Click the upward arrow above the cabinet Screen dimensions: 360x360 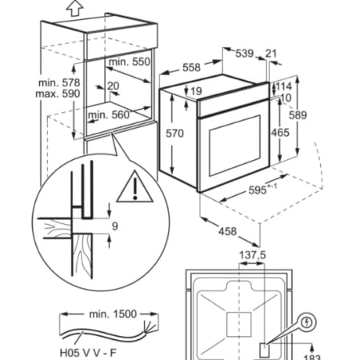pyautogui.click(x=74, y=8)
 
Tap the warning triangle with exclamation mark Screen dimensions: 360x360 pyautogui.click(x=134, y=186)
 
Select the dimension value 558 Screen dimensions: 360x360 pyautogui.click(x=191, y=67)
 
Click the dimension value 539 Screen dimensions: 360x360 pyautogui.click(x=244, y=54)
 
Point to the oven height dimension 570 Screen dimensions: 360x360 pyautogui.click(x=174, y=133)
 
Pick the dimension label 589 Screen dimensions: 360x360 pyautogui.click(x=298, y=115)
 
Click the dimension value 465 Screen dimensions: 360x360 pyautogui.click(x=280, y=133)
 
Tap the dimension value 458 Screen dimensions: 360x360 pyautogui.click(x=227, y=231)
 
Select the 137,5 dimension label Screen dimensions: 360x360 pyautogui.click(x=252, y=255)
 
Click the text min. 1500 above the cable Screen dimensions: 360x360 pyautogui.click(x=113, y=314)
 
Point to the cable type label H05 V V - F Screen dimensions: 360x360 pyautogui.click(x=88, y=353)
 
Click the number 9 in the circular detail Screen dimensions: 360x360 pyautogui.click(x=114, y=226)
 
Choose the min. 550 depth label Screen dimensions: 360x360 pyautogui.click(x=130, y=62)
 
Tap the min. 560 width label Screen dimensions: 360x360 pyautogui.click(x=109, y=114)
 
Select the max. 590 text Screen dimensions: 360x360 pyautogui.click(x=58, y=94)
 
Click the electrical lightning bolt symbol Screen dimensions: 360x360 pyautogui.click(x=307, y=322)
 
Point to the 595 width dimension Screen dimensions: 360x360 pyautogui.click(x=258, y=190)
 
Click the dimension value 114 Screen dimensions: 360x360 pyautogui.click(x=283, y=86)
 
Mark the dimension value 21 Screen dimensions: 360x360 pyautogui.click(x=271, y=54)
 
